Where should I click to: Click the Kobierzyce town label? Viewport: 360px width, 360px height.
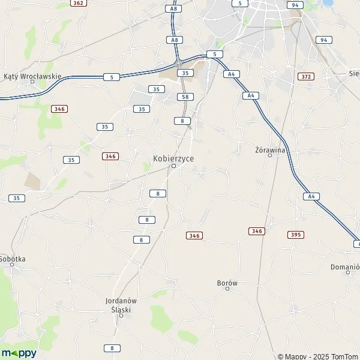(x=173, y=157)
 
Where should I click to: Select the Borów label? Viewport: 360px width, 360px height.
(x=227, y=281)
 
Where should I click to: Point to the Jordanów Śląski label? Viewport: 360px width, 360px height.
(x=121, y=305)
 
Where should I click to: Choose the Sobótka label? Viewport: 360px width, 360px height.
(x=13, y=259)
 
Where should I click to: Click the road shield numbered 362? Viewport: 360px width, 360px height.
(x=77, y=3)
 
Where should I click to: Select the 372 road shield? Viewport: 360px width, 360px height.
(x=306, y=76)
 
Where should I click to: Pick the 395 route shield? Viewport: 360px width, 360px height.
(x=295, y=234)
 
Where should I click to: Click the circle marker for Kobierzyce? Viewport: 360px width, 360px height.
(x=173, y=166)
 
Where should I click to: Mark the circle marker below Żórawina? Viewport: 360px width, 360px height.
(x=270, y=155)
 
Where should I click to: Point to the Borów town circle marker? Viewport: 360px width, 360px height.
(x=227, y=289)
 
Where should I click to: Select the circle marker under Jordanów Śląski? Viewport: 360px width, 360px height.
(x=121, y=315)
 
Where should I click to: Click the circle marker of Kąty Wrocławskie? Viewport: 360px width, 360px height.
(x=33, y=82)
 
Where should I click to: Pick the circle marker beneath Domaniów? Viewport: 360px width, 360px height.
(x=348, y=273)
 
